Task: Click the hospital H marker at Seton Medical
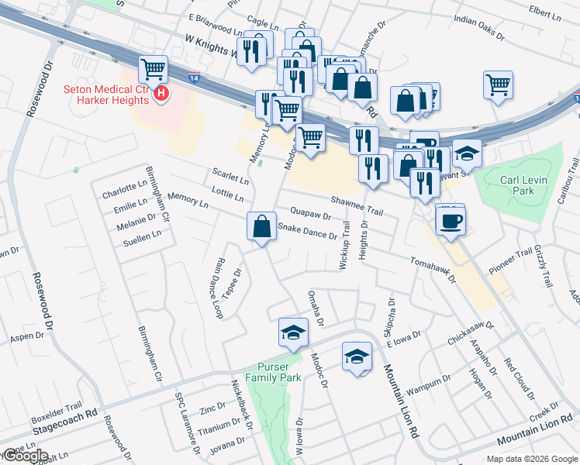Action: coord(161,95)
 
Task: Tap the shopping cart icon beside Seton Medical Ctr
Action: coord(154,70)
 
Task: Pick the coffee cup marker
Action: coord(451,221)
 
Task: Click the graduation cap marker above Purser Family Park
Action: coord(293,332)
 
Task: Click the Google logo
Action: coord(26,456)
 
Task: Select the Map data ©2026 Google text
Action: coord(532,459)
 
